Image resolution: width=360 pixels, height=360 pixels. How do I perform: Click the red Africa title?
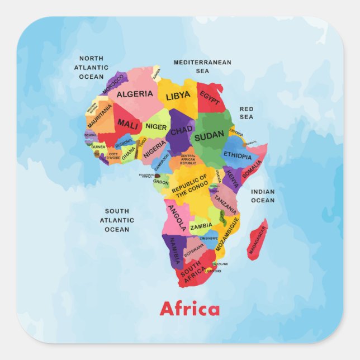(x=190, y=309)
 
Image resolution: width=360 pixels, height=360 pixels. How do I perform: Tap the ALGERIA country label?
(x=135, y=94)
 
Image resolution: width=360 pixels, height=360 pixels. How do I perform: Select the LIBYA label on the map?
(x=178, y=96)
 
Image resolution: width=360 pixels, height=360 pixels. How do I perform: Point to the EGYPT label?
(x=209, y=98)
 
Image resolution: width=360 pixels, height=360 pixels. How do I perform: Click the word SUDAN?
(x=209, y=135)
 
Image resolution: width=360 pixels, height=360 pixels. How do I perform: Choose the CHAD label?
(x=181, y=131)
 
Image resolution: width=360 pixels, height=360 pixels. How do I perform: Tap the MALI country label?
(x=127, y=124)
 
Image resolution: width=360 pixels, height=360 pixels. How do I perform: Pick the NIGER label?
(x=156, y=127)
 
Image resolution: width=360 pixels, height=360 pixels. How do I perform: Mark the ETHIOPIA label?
(x=238, y=155)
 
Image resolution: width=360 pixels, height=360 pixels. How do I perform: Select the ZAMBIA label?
(x=201, y=227)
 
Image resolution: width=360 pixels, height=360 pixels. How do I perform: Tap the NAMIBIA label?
(x=174, y=251)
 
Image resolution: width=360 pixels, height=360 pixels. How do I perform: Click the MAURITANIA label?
(x=100, y=115)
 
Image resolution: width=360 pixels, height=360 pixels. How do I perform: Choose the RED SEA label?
(x=247, y=113)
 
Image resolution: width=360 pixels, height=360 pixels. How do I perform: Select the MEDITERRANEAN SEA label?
(x=202, y=67)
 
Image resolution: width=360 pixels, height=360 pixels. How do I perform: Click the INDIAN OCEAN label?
(x=263, y=196)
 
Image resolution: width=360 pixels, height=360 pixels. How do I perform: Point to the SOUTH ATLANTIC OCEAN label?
(x=117, y=220)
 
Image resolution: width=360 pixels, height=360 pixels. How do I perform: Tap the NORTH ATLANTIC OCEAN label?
(x=91, y=68)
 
